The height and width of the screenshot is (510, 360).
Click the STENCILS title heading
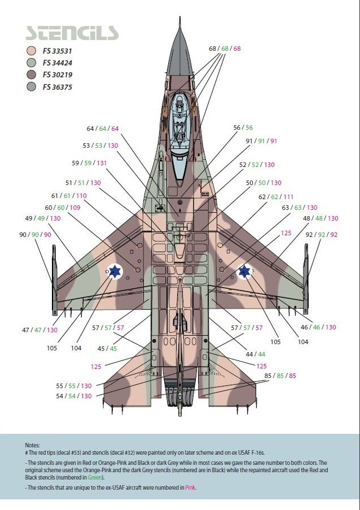[x=72, y=32]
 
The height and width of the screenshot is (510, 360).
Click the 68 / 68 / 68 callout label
[x=225, y=49]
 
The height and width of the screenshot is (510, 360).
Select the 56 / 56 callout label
[x=243, y=128]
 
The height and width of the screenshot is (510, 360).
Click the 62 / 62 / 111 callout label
[x=276, y=197]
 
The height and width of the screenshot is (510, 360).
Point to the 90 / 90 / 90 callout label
[x=35, y=235]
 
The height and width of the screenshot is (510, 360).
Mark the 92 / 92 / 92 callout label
[x=322, y=235]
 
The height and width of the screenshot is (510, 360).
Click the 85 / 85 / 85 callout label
[x=280, y=376]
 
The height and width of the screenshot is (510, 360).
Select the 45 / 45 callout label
[x=107, y=349]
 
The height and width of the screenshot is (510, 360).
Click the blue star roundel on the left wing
[x=115, y=271]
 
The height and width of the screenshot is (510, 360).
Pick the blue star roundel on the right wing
[x=244, y=271]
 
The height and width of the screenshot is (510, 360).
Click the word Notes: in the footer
[x=32, y=445]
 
